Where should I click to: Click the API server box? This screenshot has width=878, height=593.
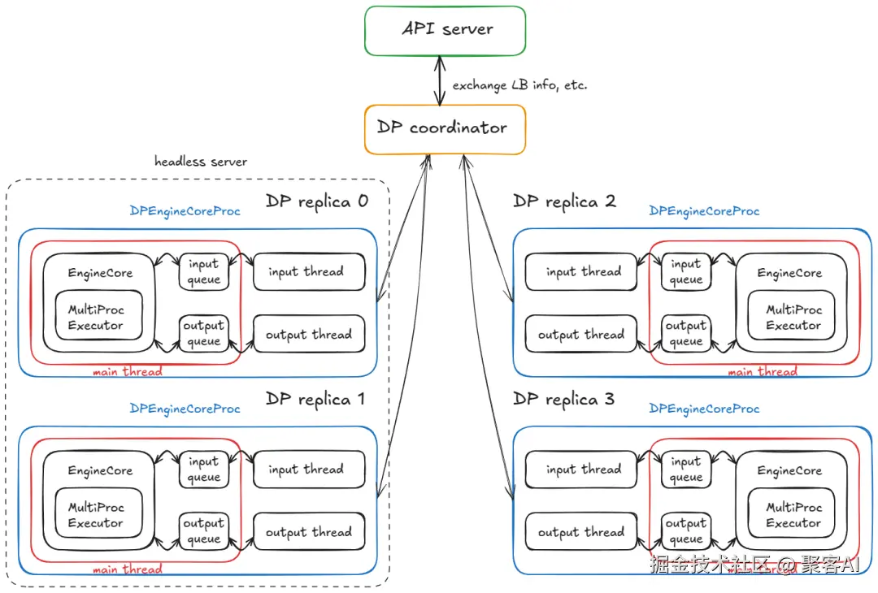(446, 31)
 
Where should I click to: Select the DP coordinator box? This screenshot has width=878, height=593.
(446, 129)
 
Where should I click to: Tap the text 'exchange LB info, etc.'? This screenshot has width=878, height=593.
(519, 85)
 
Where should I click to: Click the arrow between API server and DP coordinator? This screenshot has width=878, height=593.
(440, 80)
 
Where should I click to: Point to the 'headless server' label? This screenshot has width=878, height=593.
(201, 162)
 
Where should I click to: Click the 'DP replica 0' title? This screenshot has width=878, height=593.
(317, 201)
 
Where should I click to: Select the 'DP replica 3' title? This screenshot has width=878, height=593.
(564, 400)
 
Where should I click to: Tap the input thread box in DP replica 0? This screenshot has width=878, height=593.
(309, 272)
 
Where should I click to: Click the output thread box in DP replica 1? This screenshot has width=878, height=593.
(309, 531)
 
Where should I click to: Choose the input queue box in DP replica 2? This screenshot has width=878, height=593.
(686, 272)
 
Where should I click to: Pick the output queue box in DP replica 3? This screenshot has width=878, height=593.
(686, 531)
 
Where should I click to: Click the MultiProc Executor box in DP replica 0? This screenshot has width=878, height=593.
(98, 315)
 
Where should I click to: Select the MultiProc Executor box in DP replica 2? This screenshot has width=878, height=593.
(791, 315)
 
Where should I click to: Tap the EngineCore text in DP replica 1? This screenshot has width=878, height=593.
(100, 471)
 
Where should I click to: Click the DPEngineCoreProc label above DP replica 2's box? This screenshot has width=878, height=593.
(704, 211)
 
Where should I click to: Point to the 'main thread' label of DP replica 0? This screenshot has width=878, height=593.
(128, 371)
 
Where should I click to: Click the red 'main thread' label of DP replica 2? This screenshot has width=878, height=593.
(763, 371)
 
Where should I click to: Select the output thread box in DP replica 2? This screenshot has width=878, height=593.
(581, 334)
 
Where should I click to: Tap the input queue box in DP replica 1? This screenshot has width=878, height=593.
(204, 470)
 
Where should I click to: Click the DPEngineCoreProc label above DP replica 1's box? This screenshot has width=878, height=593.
(185, 409)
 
